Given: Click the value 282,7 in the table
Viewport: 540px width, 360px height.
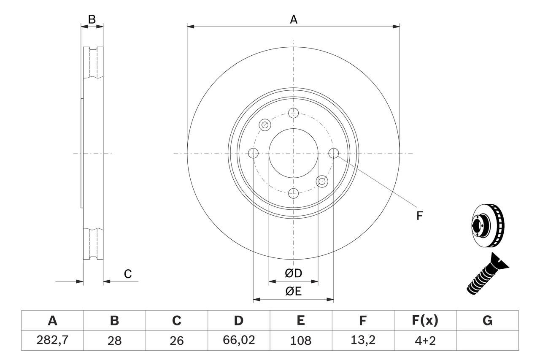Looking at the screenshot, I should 52,340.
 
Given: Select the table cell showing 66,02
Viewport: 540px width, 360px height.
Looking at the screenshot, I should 239,340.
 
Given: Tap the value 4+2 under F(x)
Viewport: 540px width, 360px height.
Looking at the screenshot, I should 425,340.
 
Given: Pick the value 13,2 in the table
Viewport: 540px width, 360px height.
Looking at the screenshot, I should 363,340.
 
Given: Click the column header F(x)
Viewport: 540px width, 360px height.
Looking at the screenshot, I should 425,321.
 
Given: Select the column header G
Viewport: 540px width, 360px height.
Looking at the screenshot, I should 487,321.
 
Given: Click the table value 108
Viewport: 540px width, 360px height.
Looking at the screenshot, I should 301,340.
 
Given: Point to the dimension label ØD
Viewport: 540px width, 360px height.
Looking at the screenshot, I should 294,273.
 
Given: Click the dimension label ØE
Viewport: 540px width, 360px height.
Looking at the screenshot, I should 294,291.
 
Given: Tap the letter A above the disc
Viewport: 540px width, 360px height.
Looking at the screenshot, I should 294,19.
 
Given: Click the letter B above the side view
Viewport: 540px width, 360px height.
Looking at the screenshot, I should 92,19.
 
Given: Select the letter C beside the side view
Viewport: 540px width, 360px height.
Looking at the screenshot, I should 128,274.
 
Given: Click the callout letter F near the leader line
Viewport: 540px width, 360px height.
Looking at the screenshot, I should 419,216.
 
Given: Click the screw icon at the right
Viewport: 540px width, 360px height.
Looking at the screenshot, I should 487,274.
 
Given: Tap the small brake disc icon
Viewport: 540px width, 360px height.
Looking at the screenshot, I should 486,225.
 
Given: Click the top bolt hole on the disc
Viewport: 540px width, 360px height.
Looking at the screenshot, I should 294,113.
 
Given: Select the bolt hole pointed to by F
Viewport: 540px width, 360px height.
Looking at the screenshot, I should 334,153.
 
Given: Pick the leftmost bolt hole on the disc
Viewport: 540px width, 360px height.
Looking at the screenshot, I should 254,153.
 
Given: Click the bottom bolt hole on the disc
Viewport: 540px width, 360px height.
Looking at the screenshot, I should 294,194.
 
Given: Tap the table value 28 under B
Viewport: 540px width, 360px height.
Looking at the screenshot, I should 114,340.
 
